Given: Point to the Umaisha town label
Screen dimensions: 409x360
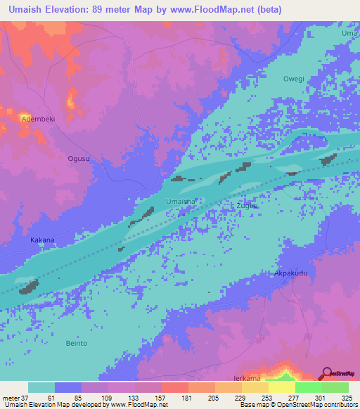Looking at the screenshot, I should coord(179,202).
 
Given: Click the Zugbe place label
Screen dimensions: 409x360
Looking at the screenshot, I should coord(247,205).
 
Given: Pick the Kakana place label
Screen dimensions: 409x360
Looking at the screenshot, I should coord(42,240).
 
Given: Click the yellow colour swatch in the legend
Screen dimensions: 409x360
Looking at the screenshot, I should coord(281,387).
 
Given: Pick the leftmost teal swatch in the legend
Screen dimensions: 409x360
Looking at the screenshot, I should coord(41,387).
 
